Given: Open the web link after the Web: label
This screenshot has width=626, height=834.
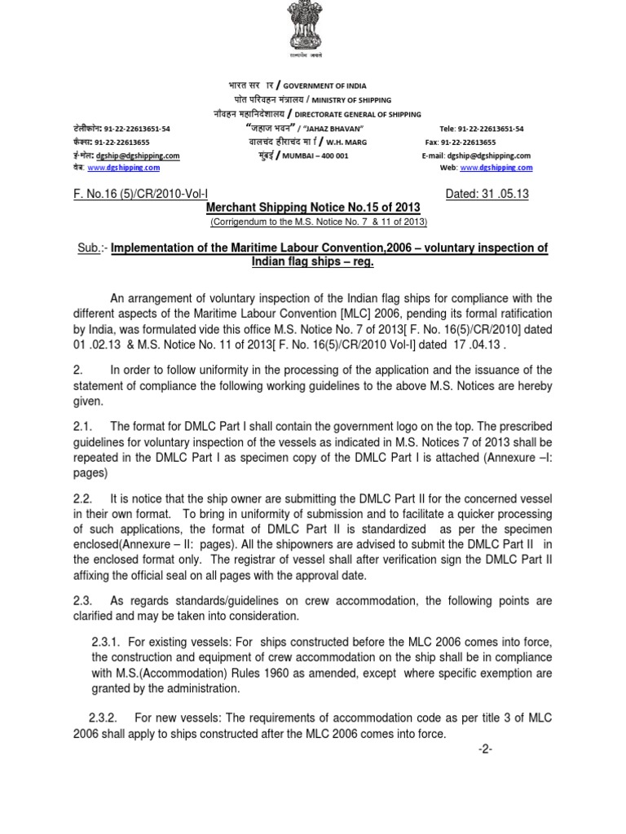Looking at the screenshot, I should pos(496,168).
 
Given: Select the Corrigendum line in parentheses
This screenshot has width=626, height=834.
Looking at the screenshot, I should pos(318,222).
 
